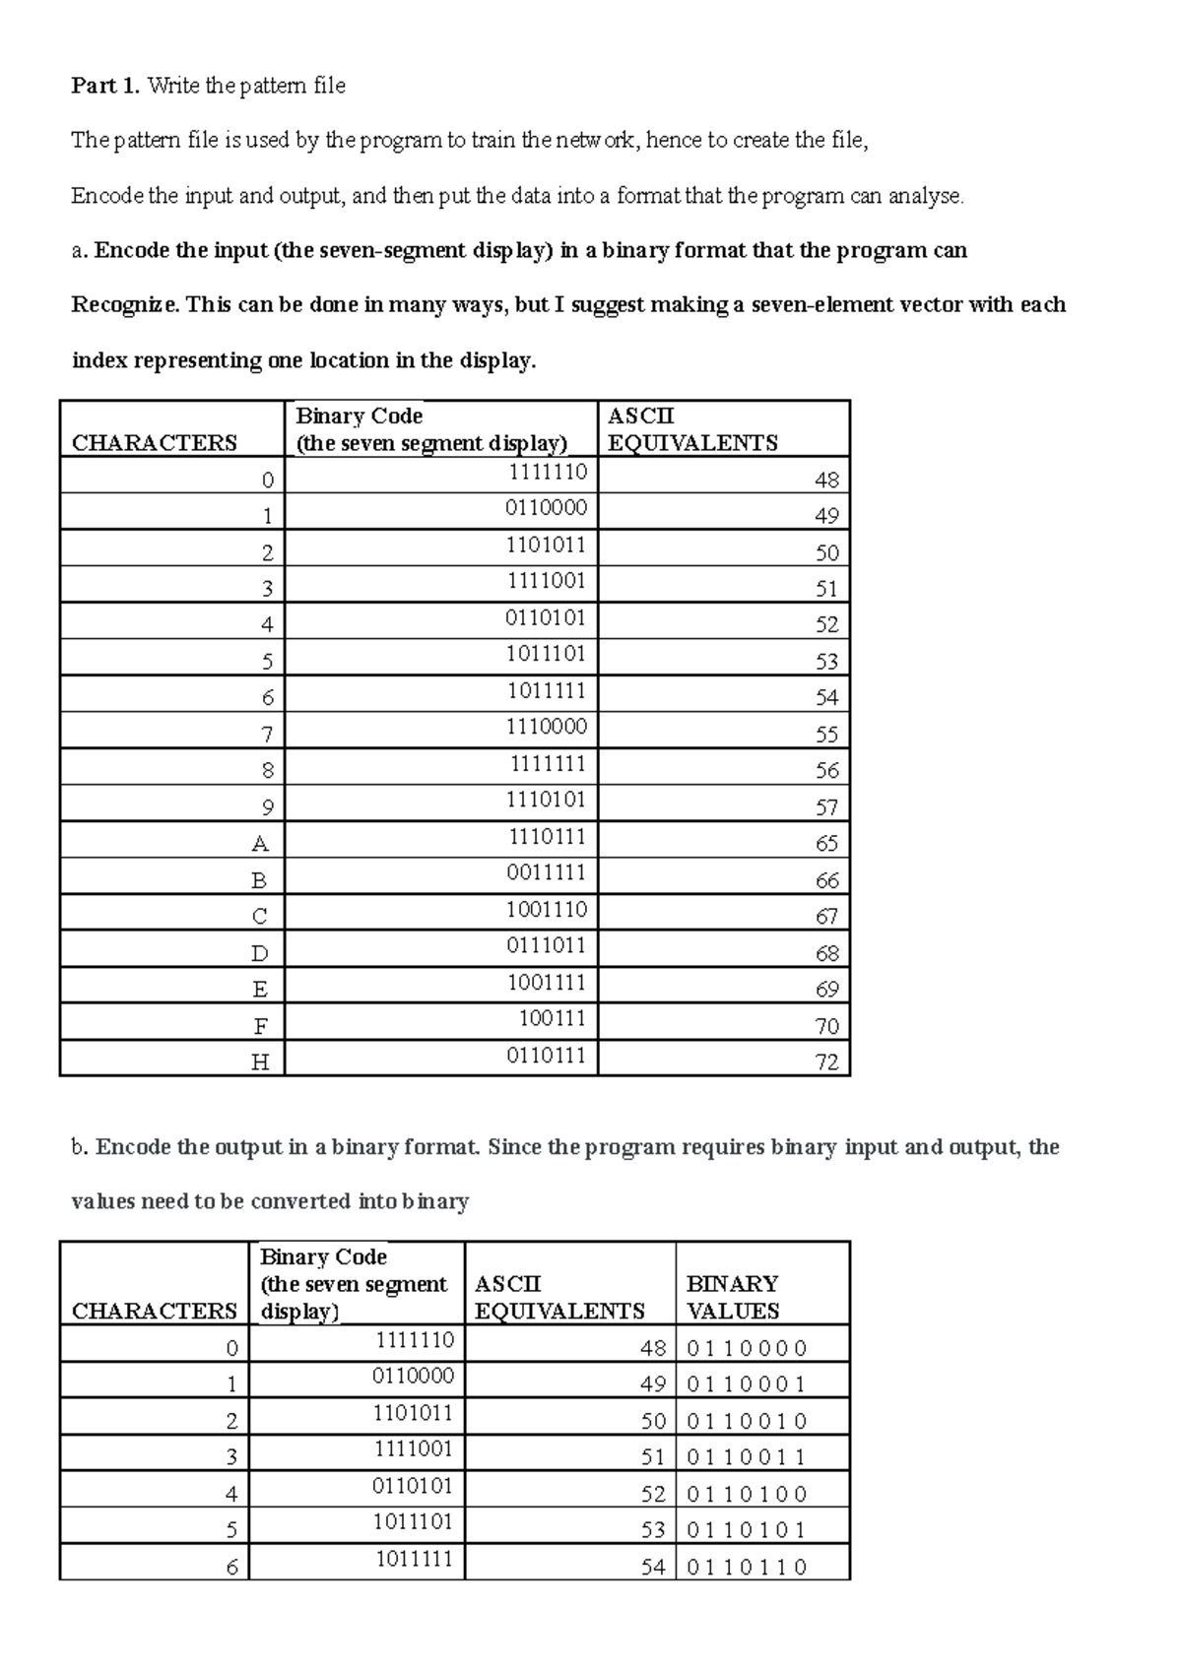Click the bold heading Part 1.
[x=105, y=87]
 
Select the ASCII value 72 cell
[x=826, y=1062]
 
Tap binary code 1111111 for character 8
[x=548, y=764]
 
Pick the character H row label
[x=260, y=1062]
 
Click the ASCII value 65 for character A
[x=826, y=844]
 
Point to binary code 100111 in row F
[x=553, y=1019]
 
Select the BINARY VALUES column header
[x=732, y=1297]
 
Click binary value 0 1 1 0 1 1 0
[x=747, y=1567]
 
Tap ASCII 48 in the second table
[x=653, y=1348]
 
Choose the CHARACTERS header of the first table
[x=155, y=443]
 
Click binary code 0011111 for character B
[x=546, y=873]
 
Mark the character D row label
[x=260, y=953]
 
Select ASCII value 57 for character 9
[x=826, y=807]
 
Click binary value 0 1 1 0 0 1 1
[x=747, y=1457]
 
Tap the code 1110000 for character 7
[x=547, y=728]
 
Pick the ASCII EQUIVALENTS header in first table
[x=692, y=429]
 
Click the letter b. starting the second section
[x=80, y=1147]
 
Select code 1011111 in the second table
[x=414, y=1560]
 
